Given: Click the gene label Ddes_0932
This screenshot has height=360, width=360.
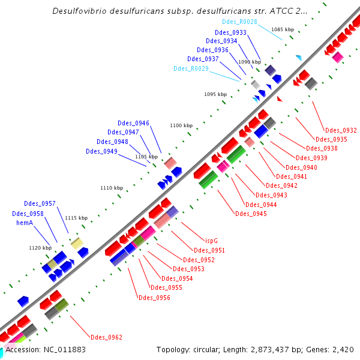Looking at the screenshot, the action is pos(341,130).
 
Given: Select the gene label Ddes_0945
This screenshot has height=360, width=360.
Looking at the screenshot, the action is pos(251,214).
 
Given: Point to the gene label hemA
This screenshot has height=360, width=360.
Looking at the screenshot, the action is pos(24,223).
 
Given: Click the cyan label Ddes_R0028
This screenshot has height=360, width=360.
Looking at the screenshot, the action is pos(239,22).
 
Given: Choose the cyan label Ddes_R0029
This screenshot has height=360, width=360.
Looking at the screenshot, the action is pos(191,68).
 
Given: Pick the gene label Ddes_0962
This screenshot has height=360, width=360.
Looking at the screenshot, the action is pos(106,337).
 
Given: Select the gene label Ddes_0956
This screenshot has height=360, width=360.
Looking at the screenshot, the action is pos(154,298).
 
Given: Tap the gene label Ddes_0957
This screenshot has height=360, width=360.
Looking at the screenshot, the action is pos(40,204).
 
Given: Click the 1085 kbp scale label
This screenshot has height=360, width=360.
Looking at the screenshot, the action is pos(283,29).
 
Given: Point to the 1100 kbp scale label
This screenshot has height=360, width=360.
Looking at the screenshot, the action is pos(181,125).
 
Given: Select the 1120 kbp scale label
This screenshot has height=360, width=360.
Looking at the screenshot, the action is pos(40,247).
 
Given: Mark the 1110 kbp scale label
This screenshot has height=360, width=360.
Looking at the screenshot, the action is pos(111,188).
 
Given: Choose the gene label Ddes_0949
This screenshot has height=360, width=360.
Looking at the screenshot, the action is pos(101,151).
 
